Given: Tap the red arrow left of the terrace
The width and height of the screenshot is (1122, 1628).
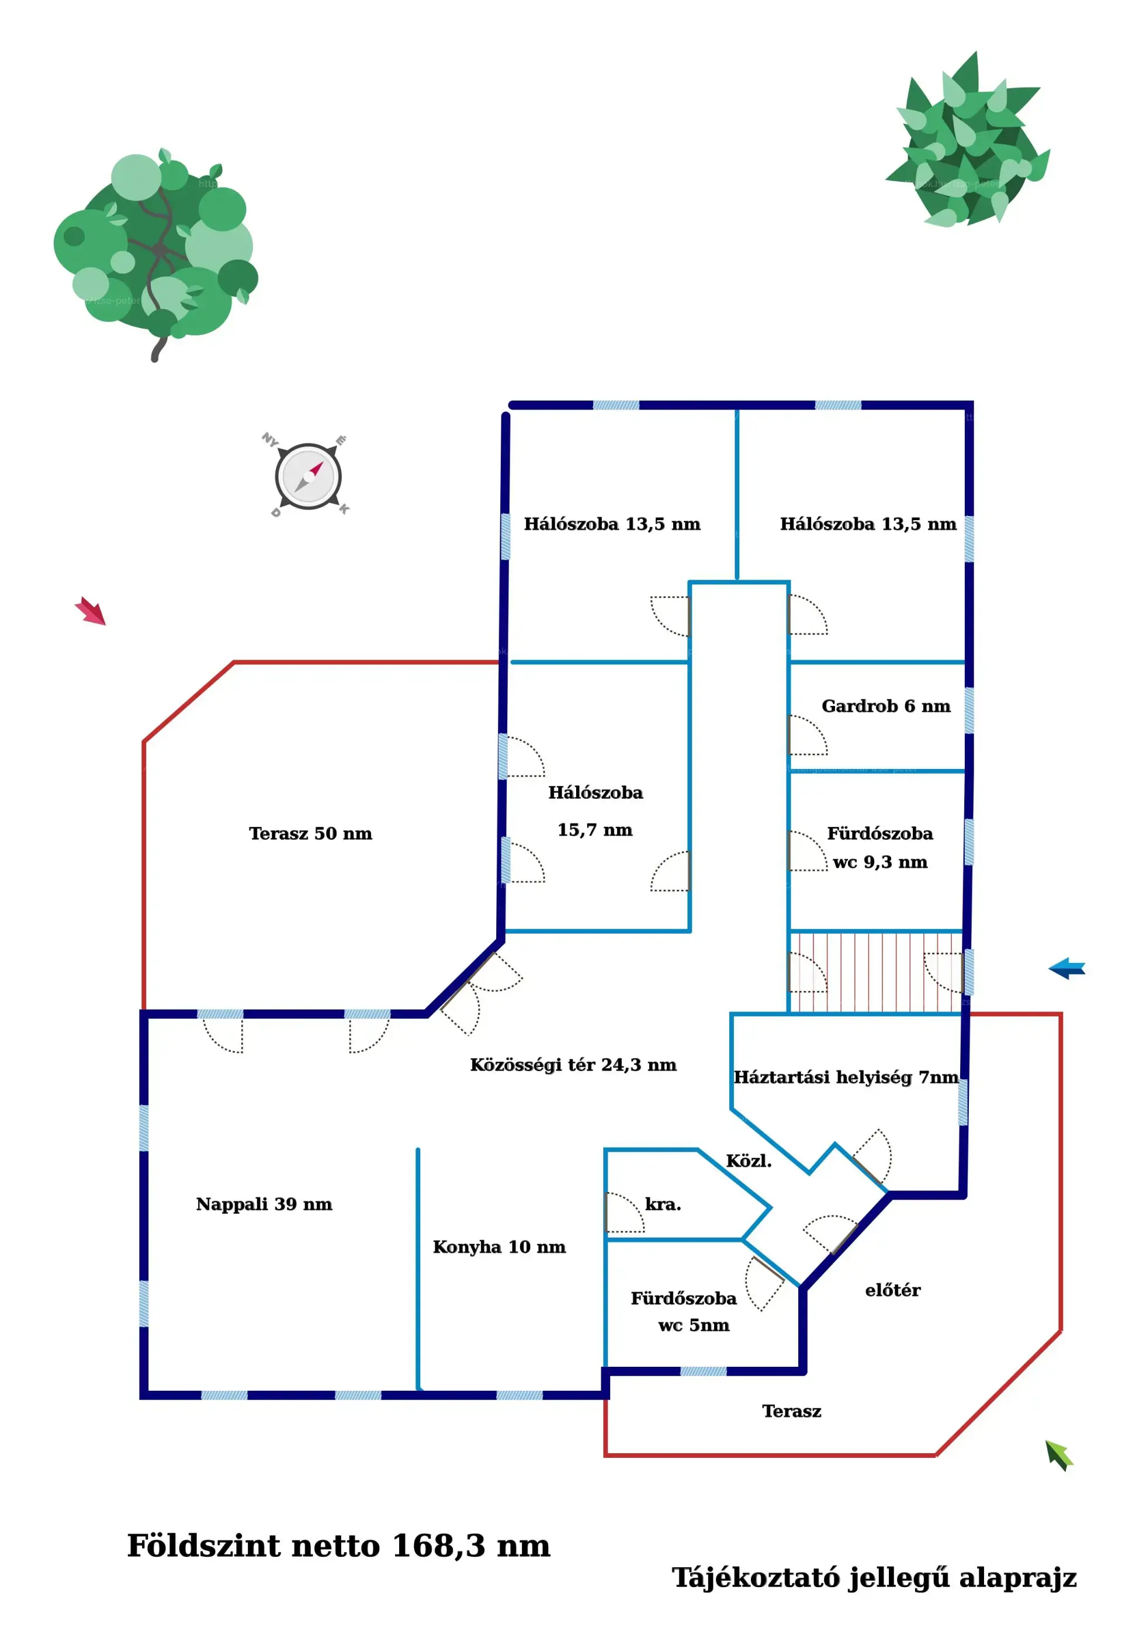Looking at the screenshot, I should tap(91, 610).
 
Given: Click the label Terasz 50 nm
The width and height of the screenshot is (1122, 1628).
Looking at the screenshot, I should tap(310, 834).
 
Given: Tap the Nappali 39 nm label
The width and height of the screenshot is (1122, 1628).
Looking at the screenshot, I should tap(264, 1204).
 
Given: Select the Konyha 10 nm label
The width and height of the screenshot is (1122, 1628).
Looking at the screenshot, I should tap(498, 1247).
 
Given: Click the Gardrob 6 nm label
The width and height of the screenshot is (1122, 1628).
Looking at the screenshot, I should tap(885, 706).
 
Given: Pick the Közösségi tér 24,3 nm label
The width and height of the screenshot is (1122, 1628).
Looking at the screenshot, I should tap(573, 1065).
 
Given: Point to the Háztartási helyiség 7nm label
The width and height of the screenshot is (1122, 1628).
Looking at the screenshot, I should tap(846, 1078).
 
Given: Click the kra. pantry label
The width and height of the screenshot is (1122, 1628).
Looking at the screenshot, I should tap(662, 1204).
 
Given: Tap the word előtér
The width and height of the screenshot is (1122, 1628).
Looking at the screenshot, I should tap(892, 1291).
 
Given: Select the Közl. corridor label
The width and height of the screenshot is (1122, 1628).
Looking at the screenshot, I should tap(748, 1161).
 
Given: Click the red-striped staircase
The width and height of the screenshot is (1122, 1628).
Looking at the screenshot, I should tap(875, 972).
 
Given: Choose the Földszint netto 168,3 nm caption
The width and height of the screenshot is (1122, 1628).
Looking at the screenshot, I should tap(338, 1546).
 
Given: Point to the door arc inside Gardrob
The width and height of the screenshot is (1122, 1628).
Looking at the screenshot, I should tap(808, 735).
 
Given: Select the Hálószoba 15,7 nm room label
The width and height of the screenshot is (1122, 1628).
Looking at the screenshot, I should tap(595, 811).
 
